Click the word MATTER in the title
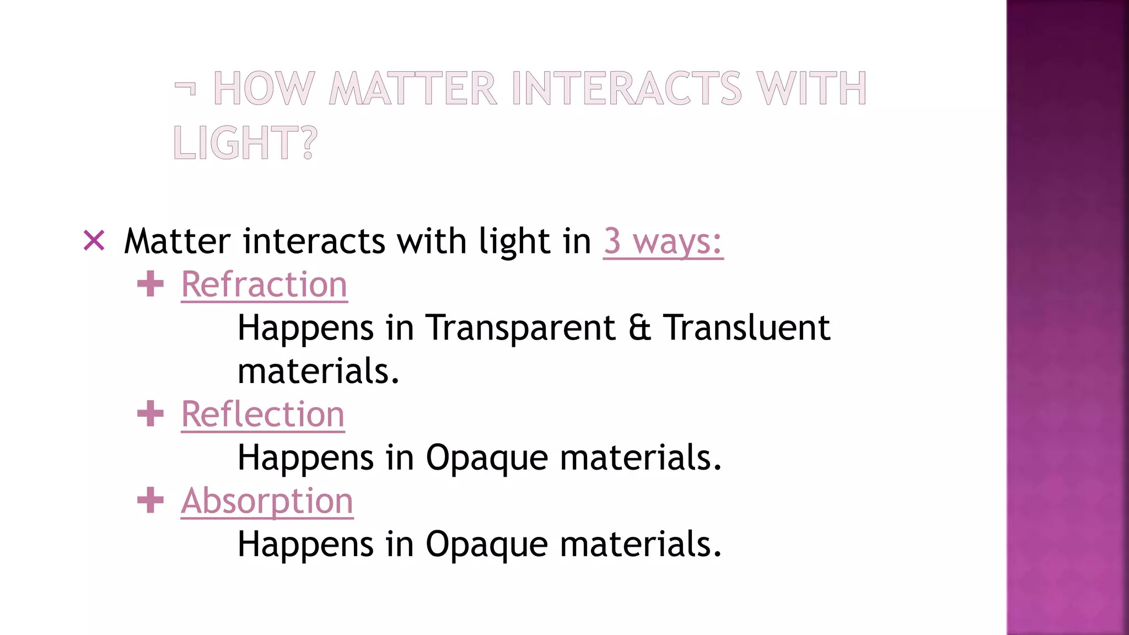pos(413,88)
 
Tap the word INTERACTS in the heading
pos(627,88)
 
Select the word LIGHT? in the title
pos(245,143)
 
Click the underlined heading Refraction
pos(264,285)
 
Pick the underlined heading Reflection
pos(263,415)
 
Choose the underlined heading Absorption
pos(267,501)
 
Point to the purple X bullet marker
pos(94,240)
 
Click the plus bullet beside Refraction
pos(150,284)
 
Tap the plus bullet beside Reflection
pos(150,414)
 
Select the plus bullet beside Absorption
pos(150,501)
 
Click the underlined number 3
pos(612,241)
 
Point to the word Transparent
pos(520,328)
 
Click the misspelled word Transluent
pos(746,328)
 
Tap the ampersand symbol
pos(639,328)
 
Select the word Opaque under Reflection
pos(487,459)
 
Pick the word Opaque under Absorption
pos(487,545)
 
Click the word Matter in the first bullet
pos(177,241)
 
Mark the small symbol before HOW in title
pos(185,88)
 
